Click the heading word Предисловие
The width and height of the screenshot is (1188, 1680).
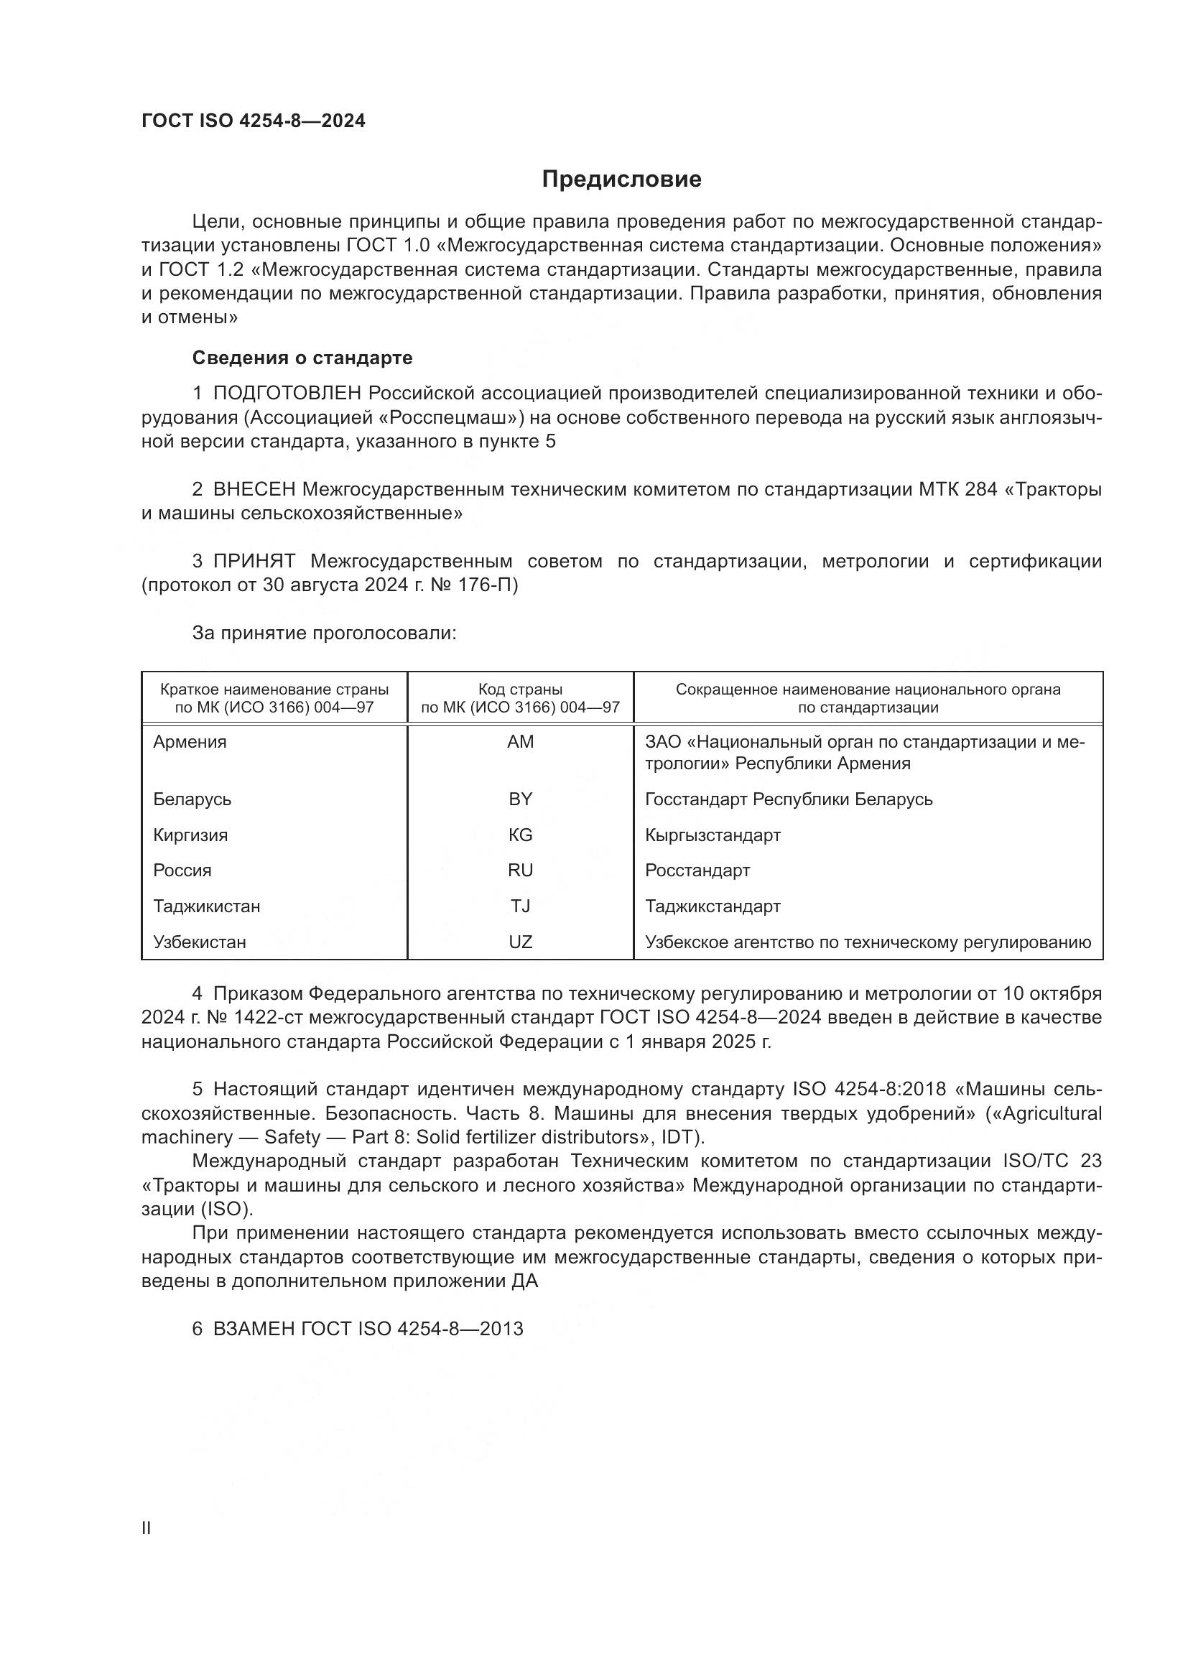[x=621, y=180]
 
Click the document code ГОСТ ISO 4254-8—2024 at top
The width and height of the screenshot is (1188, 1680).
[x=253, y=121]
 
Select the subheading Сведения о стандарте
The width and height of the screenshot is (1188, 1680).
[x=302, y=358]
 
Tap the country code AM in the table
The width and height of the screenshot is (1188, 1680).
[x=520, y=742]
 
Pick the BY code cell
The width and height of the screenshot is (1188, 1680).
[x=520, y=799]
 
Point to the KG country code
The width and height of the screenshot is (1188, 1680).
[x=520, y=835]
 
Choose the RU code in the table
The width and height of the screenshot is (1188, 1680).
[x=520, y=871]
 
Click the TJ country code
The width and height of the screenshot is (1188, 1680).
[x=520, y=906]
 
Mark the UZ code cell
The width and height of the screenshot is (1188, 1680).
[x=520, y=942]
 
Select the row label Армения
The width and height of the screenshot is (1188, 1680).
[x=190, y=742]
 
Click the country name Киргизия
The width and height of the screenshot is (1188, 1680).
[x=190, y=835]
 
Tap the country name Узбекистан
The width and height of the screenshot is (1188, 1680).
[x=200, y=942]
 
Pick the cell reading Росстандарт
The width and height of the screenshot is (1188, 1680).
[x=697, y=871]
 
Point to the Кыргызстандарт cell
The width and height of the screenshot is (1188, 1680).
[x=713, y=835]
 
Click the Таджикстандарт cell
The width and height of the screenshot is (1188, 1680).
[x=713, y=906]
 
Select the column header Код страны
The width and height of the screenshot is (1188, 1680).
[x=520, y=690]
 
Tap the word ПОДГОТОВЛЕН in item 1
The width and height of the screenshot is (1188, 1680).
[x=287, y=394]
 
